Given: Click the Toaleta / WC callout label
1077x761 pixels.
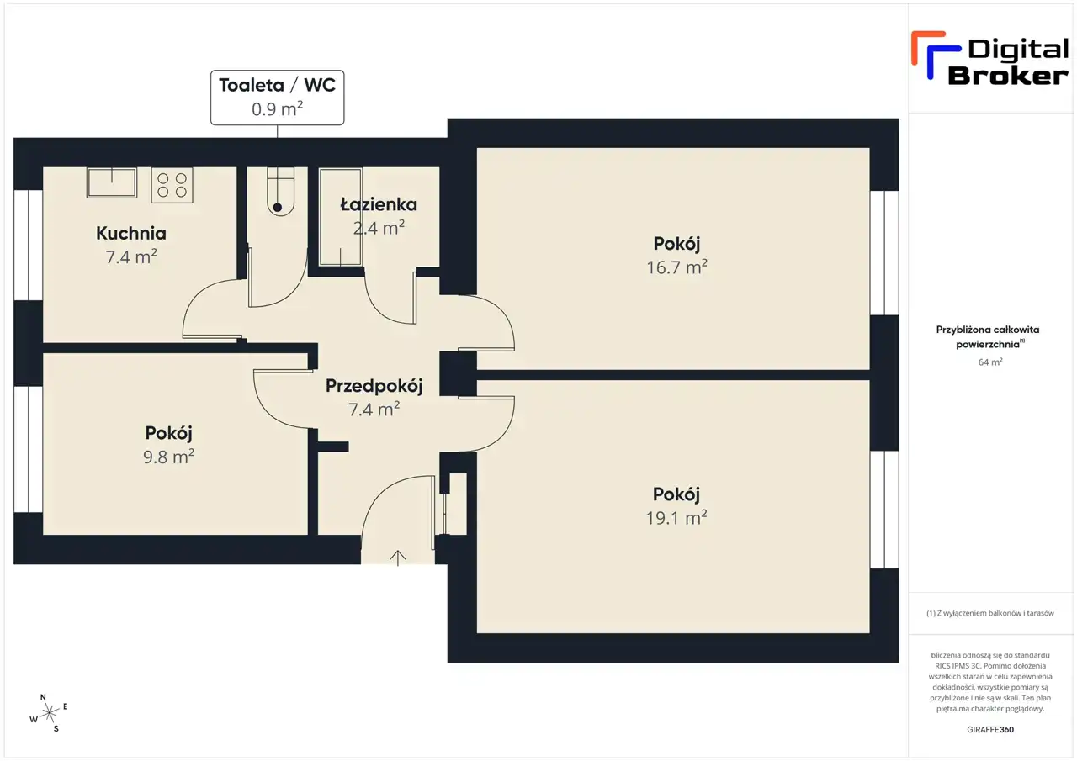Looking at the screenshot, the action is pos(278,98).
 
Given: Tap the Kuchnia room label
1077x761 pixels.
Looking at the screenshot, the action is pos(131,234).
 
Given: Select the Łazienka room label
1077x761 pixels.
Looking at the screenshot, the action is pos(379,204).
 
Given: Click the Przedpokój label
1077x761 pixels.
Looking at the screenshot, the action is pos(374,386).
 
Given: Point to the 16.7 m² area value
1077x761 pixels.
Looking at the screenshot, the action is pos(676,267).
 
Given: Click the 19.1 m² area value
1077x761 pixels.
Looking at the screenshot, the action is pos(676,517).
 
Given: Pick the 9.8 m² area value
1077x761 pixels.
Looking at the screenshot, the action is pos(169,457).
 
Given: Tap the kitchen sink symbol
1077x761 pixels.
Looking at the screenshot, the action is pos(112,182).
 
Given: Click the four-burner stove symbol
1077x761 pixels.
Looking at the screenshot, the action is pos(172,185).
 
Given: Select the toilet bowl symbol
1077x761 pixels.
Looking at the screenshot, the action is pos(280,191).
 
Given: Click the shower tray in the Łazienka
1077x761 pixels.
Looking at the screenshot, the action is pos(341,217).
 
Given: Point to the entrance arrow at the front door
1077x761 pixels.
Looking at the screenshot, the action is pos(398,558).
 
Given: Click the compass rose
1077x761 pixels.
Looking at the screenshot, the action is pos(49,713).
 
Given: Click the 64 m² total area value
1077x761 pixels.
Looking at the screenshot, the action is pos(990,362).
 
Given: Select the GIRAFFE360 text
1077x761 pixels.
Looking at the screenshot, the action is pos(990,729).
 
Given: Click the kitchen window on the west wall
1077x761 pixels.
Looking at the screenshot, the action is pos(29,246).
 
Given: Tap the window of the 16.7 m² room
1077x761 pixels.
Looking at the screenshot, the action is pos(884,253).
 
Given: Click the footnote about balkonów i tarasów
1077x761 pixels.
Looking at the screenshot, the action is pos(990,613).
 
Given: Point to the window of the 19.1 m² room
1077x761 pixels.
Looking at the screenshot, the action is pos(884,510).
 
